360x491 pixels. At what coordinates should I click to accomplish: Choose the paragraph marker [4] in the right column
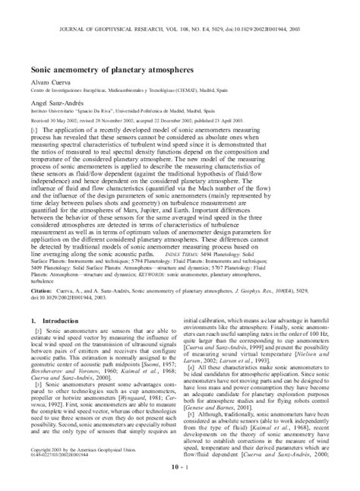[x=195, y=365]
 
